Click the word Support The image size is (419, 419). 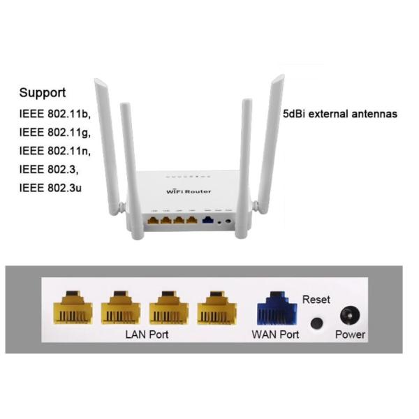click(43, 92)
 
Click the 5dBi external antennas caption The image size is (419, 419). click(340, 113)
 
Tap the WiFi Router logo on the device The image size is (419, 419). click(189, 191)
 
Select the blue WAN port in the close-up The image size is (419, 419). click(275, 308)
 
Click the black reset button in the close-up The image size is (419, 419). click(316, 323)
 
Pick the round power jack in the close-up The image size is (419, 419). click(349, 316)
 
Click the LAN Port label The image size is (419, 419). click(147, 335)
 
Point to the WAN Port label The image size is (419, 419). click(275, 335)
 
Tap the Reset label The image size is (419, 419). click(316, 300)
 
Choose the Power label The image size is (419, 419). click(350, 335)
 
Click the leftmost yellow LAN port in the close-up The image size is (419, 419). click(73, 308)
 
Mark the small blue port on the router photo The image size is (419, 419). click(207, 220)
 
